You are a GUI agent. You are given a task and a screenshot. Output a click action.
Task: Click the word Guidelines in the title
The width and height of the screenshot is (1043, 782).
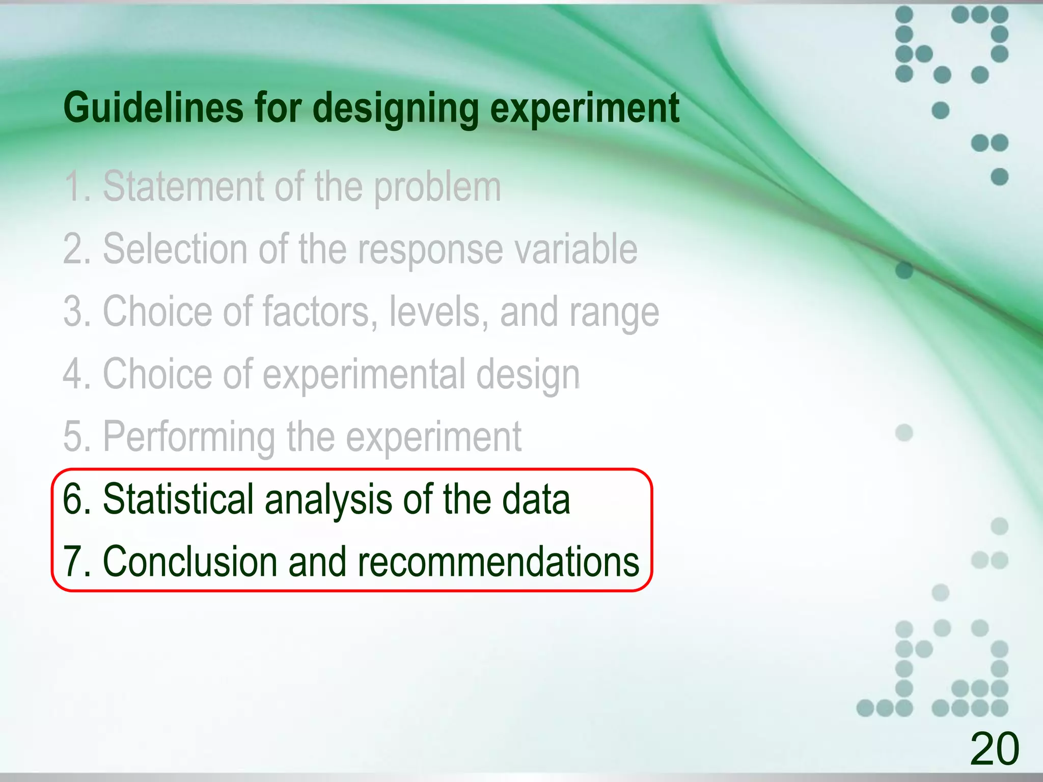tap(153, 108)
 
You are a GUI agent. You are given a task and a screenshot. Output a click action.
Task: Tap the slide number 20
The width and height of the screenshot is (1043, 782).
tap(994, 748)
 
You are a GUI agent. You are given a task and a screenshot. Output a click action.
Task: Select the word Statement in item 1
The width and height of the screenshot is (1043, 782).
tap(183, 186)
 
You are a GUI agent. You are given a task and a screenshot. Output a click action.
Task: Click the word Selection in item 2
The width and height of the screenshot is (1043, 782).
tap(176, 249)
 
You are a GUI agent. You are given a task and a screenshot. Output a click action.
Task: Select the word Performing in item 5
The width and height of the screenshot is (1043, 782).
tap(189, 437)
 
